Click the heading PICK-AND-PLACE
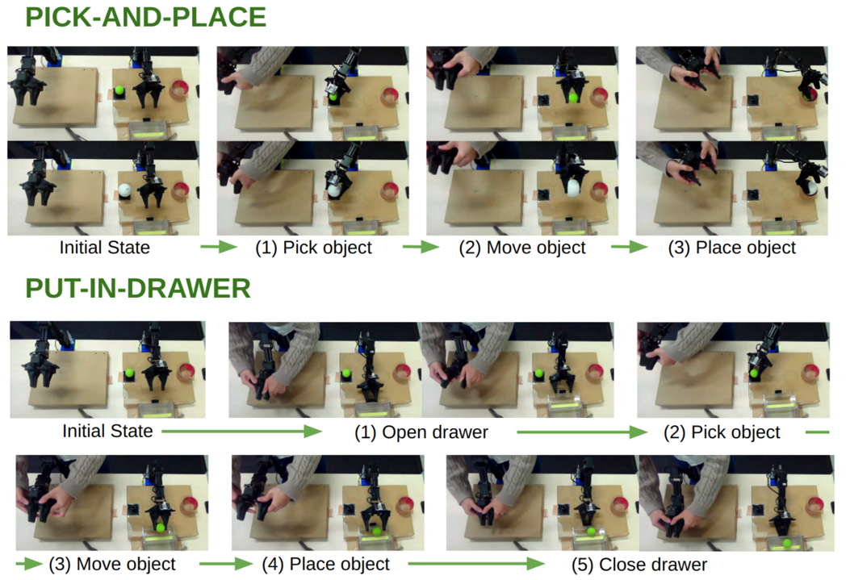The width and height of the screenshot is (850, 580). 146,17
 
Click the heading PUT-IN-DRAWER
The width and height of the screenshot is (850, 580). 138,288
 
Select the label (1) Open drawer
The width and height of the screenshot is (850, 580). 421,432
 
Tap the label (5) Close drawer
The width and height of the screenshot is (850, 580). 639,565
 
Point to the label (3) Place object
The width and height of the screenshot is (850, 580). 732,248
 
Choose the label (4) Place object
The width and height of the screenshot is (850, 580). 326,565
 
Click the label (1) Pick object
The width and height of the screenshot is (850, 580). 313,248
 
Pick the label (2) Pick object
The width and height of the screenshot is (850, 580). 722,432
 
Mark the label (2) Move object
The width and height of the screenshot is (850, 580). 522,248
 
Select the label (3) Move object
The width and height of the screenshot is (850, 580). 112,565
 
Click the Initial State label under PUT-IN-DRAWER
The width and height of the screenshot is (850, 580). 107,431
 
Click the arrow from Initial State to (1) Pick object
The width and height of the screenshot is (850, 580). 219,248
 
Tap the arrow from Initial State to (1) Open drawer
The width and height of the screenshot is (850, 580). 242,432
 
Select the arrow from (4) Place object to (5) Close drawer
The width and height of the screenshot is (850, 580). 476,565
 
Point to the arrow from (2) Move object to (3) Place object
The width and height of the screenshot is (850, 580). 630,248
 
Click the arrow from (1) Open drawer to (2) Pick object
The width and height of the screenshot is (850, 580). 582,432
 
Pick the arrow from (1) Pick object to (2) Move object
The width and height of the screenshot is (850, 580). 421,248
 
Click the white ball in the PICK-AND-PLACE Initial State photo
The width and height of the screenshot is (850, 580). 124,190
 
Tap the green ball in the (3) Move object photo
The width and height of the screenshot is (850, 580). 160,528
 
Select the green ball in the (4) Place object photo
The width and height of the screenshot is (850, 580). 377,532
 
